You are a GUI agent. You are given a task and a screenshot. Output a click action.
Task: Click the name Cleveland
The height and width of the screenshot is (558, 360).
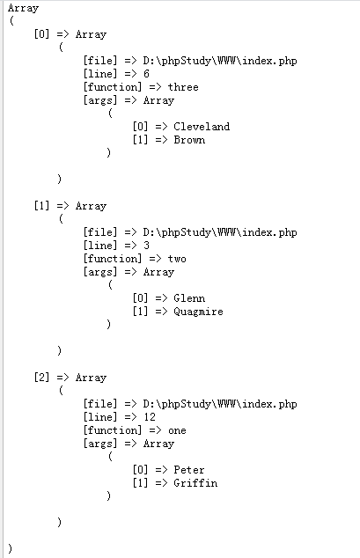tap(202, 127)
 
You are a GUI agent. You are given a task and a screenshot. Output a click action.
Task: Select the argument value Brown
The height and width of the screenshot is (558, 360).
tap(189, 140)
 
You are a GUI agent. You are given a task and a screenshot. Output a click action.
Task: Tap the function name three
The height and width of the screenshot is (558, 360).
tap(183, 87)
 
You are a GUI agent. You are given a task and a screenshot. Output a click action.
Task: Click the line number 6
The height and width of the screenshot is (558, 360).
tap(146, 74)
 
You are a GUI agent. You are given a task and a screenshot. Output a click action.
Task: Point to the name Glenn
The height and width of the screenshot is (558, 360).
tap(189, 298)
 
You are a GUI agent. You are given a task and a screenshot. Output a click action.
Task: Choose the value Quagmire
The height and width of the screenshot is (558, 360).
tap(199, 312)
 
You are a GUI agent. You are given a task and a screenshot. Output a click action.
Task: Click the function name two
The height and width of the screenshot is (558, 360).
tap(177, 259)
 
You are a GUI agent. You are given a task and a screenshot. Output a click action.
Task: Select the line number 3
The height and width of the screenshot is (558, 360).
tap(146, 246)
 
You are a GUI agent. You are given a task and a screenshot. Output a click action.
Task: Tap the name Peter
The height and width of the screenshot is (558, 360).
tap(189, 470)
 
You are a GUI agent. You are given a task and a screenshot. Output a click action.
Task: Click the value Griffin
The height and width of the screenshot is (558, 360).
tap(195, 483)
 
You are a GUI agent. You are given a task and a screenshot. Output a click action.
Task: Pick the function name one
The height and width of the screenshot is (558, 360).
tap(177, 430)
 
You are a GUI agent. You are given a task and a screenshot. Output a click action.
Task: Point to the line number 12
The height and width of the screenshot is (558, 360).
tap(150, 417)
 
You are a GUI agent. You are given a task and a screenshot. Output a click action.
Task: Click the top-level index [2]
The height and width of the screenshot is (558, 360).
tap(41, 378)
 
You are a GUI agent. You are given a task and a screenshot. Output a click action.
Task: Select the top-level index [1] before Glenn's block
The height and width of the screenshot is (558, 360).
tap(41, 206)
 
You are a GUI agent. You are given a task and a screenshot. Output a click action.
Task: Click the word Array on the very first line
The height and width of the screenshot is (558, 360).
tap(23, 8)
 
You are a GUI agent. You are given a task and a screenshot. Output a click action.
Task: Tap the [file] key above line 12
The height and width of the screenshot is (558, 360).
tap(100, 404)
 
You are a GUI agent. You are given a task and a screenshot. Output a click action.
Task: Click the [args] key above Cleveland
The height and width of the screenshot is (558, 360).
tap(100, 100)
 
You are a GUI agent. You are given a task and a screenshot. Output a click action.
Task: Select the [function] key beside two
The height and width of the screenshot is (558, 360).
tap(113, 259)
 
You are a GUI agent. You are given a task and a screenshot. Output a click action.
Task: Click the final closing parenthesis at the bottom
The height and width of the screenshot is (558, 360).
tap(10, 548)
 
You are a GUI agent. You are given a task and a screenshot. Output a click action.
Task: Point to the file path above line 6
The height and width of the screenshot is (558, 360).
tap(220, 61)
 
